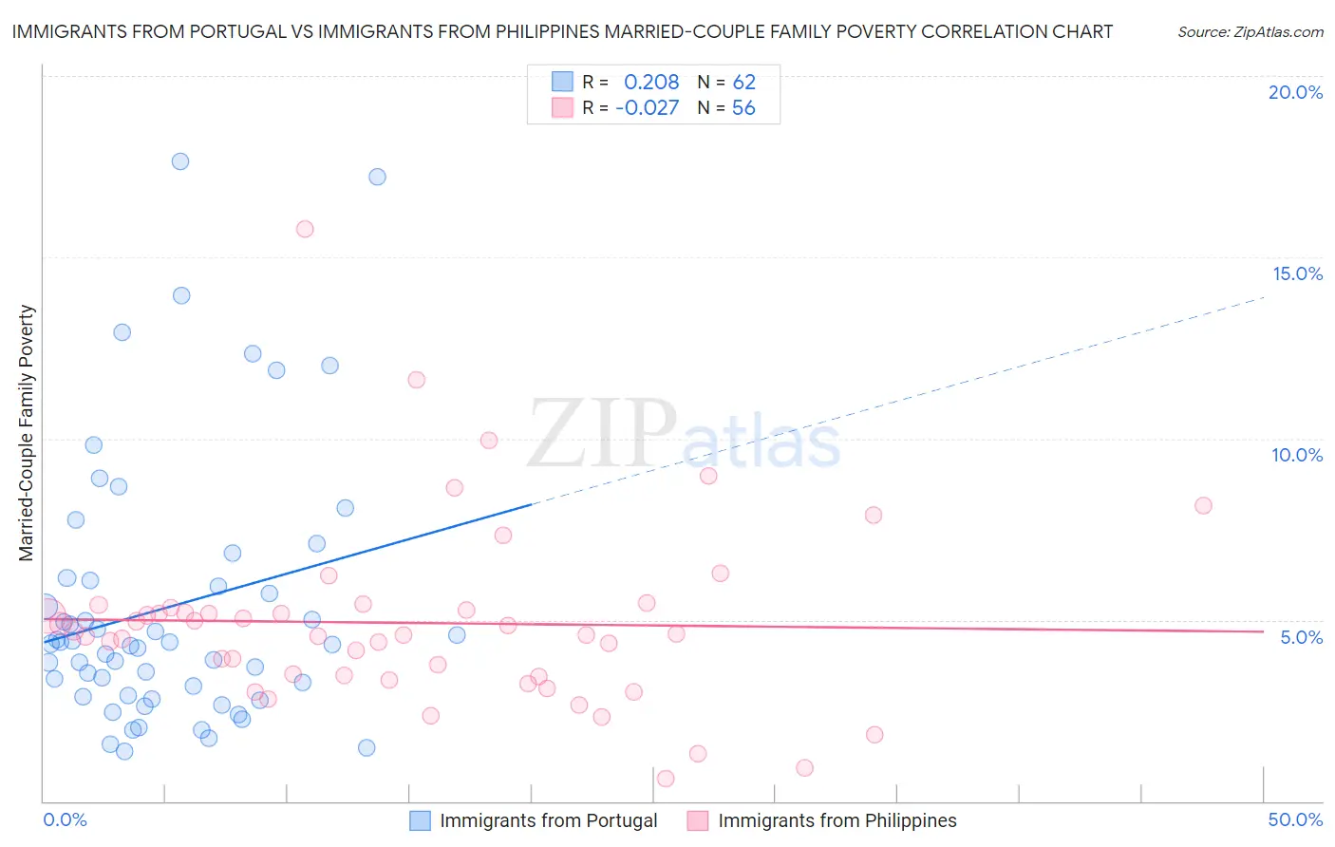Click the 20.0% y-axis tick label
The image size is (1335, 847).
click(x=1295, y=92)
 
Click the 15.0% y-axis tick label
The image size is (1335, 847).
click(x=1297, y=273)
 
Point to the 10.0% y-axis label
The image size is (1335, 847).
click(x=1297, y=455)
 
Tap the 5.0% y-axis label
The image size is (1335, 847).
click(x=1301, y=637)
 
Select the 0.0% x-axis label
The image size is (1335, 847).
click(x=65, y=819)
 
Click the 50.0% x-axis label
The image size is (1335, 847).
click(x=1295, y=819)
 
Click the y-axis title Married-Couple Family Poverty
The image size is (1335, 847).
click(x=27, y=433)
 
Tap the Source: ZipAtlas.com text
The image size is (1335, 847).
click(x=1250, y=32)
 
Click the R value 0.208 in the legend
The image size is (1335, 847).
click(x=651, y=83)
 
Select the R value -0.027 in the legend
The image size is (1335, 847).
click(x=648, y=108)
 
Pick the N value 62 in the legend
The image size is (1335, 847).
click(x=743, y=83)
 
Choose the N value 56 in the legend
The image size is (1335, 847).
click(x=743, y=108)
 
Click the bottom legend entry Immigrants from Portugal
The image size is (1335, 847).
click(x=548, y=820)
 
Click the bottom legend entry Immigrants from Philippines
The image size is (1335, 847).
click(x=837, y=820)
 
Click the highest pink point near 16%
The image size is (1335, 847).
click(x=305, y=229)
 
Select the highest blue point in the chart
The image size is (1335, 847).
click(x=180, y=161)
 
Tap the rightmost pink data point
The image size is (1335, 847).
click(x=1203, y=505)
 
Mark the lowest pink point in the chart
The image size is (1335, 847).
click(x=666, y=779)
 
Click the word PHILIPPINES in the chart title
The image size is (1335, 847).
click(x=544, y=32)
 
